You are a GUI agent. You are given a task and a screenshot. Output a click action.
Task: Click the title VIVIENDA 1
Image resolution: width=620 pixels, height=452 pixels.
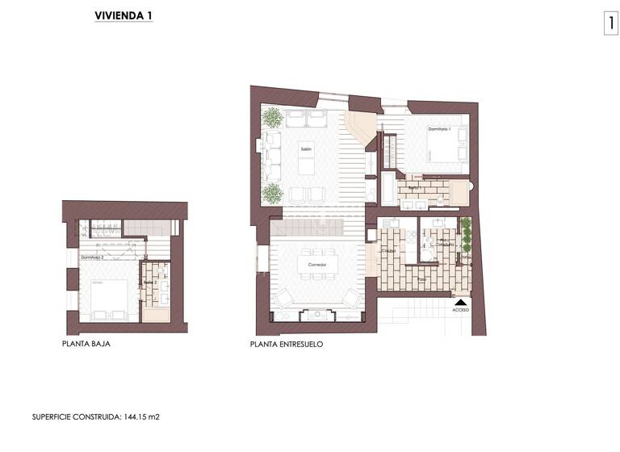coord(124,16)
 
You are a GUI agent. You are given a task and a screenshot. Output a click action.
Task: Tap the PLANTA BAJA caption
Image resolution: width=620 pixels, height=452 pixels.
coord(86,343)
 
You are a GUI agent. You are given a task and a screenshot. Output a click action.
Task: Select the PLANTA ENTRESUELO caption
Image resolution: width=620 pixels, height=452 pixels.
coord(287,343)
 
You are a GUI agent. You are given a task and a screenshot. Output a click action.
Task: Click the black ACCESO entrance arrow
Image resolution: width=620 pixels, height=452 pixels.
coord(460,300)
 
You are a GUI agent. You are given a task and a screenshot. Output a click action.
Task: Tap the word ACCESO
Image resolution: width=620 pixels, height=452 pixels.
coord(460,310)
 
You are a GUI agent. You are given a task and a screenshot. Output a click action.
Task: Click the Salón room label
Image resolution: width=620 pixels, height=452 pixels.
coord(306,149)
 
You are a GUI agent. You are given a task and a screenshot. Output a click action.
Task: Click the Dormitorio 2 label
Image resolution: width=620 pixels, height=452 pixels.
coord(92,257)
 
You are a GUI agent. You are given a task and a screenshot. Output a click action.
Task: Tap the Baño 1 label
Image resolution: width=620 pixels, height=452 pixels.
coord(413,188)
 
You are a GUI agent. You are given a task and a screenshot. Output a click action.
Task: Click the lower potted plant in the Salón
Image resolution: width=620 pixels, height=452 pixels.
coord(273,193)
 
